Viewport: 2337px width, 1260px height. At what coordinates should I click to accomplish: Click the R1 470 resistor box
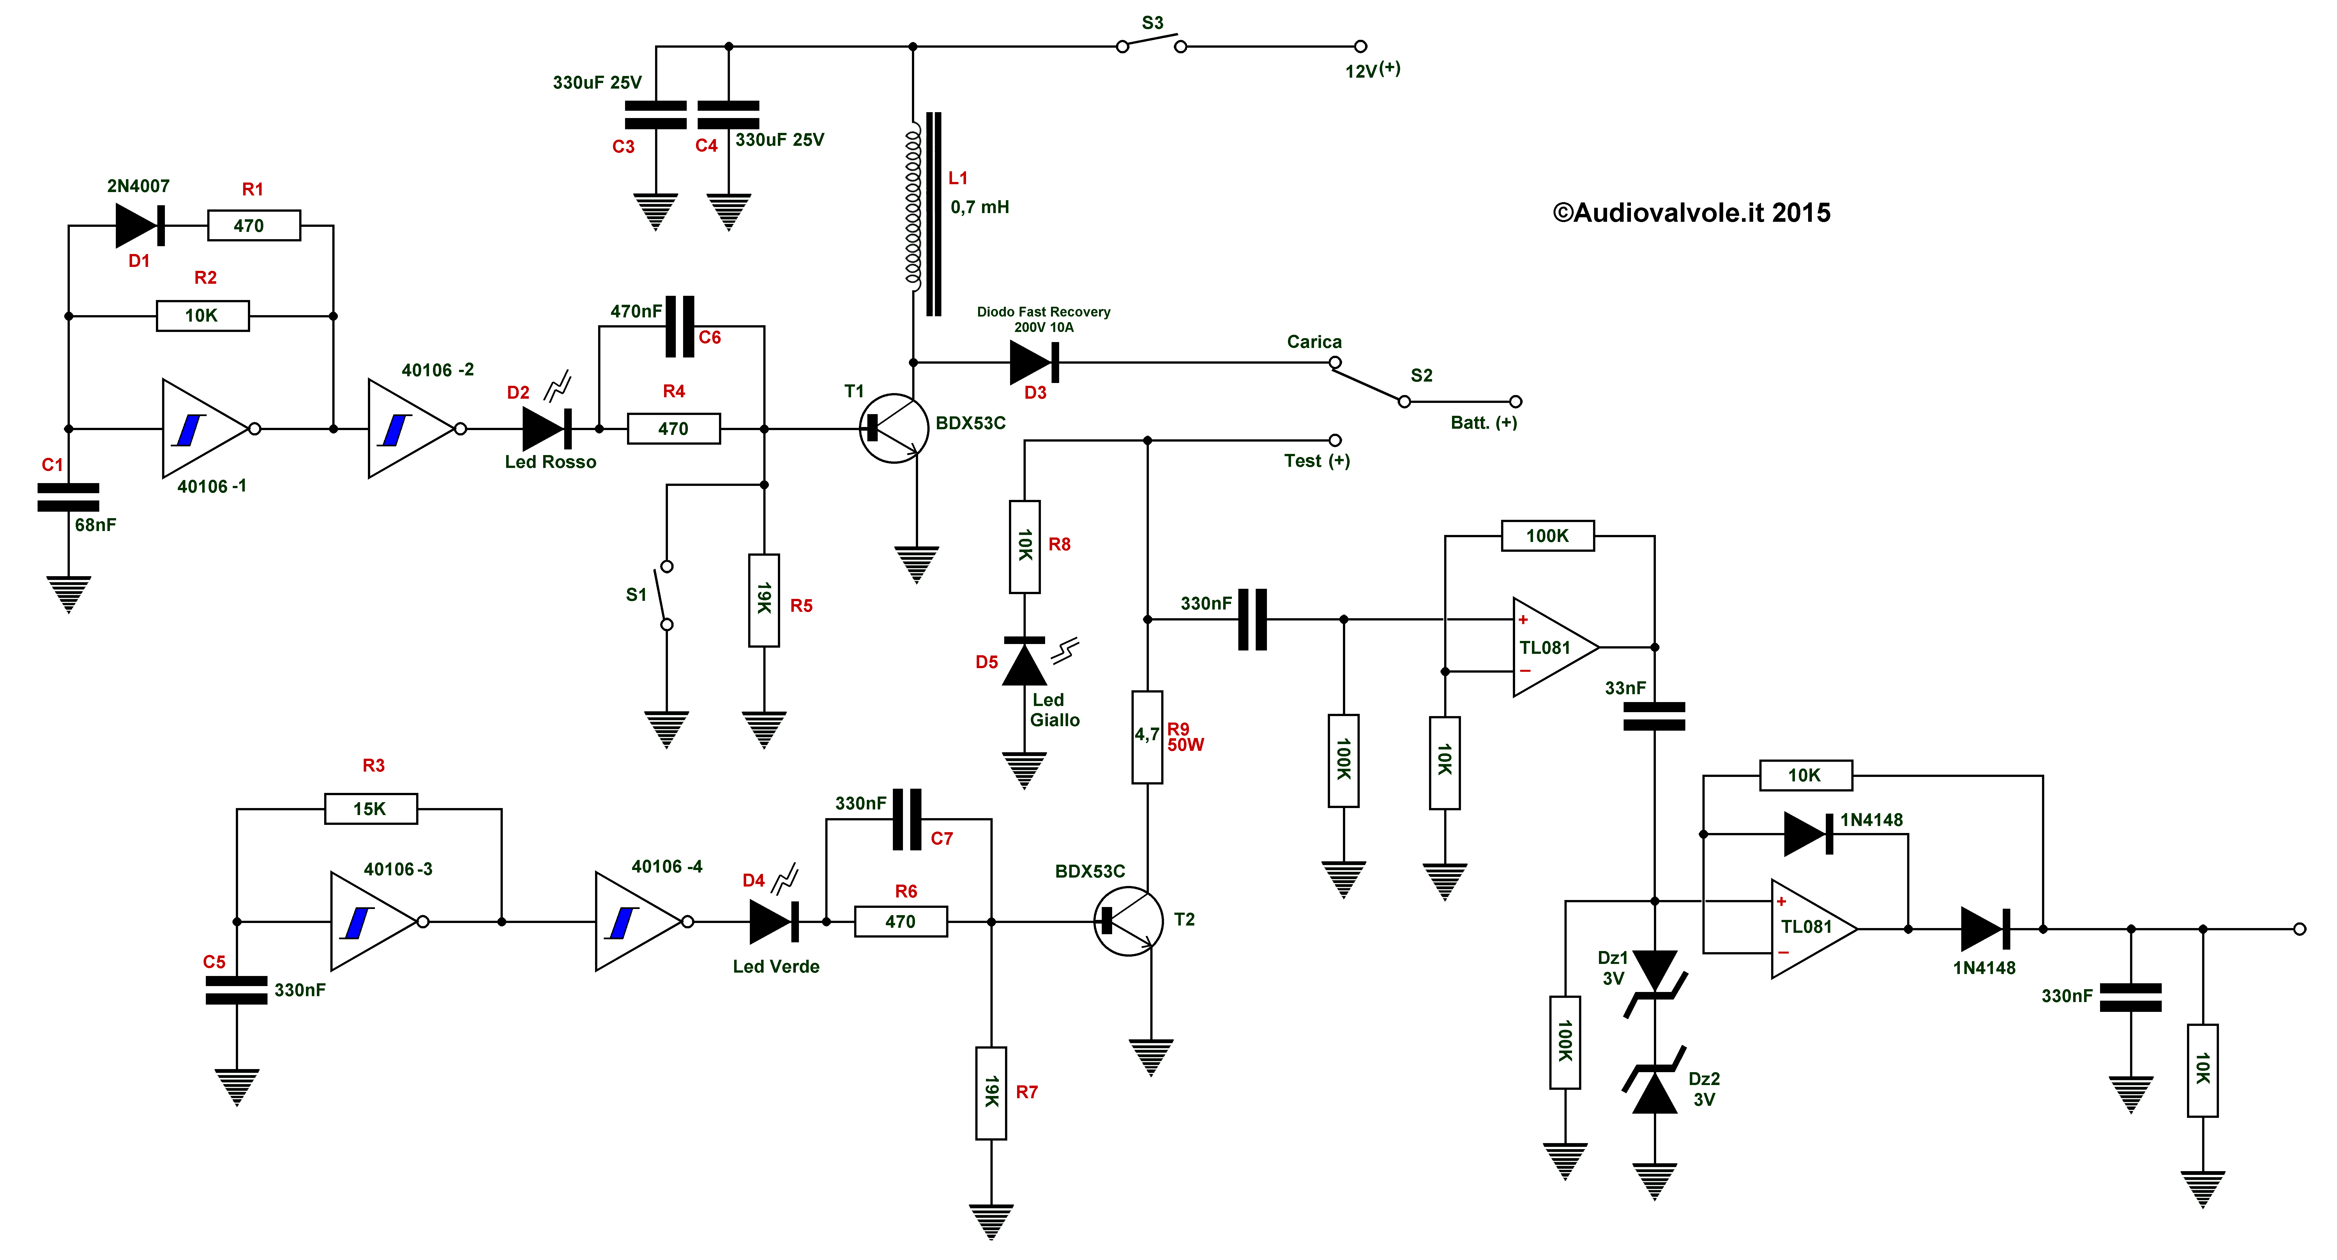pos(254,225)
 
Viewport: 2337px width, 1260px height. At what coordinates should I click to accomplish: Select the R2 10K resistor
pos(202,316)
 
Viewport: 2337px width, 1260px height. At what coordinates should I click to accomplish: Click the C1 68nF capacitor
pos(68,497)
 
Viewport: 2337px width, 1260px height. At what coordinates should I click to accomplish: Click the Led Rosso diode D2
pos(547,428)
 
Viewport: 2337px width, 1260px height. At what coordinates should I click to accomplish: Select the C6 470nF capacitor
pos(679,327)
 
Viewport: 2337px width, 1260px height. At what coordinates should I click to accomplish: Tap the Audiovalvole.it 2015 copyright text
pos(1691,212)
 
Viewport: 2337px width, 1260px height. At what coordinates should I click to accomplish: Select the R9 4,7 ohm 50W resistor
pos(1148,737)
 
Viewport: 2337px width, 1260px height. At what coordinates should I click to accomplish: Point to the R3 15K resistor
pos(371,808)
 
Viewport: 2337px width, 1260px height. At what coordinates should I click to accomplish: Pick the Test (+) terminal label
pos(1316,461)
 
